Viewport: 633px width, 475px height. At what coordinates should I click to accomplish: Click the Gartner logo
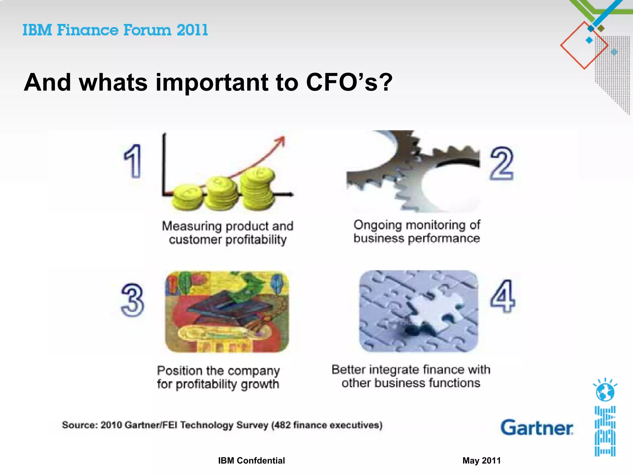pyautogui.click(x=537, y=428)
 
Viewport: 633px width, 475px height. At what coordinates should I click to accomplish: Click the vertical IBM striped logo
pyautogui.click(x=605, y=431)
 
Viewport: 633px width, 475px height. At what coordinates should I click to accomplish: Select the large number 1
pyautogui.click(x=133, y=161)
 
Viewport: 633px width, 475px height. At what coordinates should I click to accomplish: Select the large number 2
pyautogui.click(x=501, y=164)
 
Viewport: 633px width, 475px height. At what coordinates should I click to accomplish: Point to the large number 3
pyautogui.click(x=132, y=300)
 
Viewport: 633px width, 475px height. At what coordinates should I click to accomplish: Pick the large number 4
pyautogui.click(x=503, y=296)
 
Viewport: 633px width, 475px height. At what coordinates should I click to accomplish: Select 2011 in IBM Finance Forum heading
pyautogui.click(x=192, y=30)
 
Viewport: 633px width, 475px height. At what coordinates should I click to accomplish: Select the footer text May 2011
pyautogui.click(x=481, y=460)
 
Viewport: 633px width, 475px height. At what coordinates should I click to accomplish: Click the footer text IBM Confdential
pyautogui.click(x=251, y=460)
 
